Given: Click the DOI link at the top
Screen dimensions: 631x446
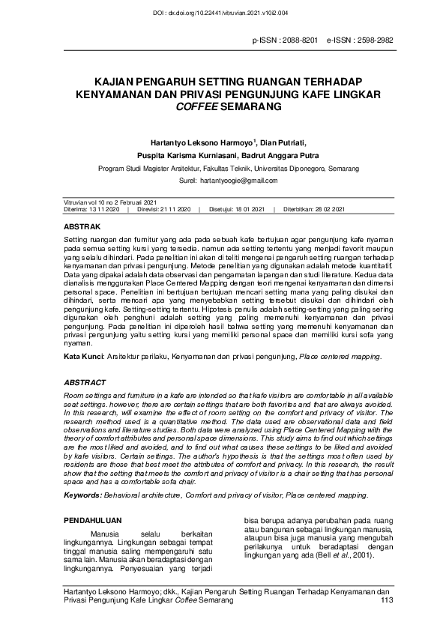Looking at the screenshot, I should pyautogui.click(x=223, y=12).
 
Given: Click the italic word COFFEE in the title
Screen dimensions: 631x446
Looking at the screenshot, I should pyautogui.click(x=194, y=107).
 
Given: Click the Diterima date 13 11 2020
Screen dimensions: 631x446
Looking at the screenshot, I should pyautogui.click(x=103, y=209).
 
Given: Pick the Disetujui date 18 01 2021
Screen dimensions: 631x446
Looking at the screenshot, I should pyautogui.click(x=249, y=209).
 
